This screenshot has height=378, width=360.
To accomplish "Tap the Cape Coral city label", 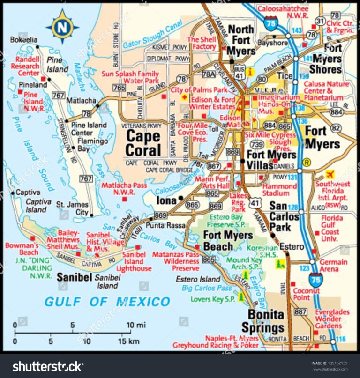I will [143, 143].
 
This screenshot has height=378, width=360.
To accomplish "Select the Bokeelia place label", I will [23, 40].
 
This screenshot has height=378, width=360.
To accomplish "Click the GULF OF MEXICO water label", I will [107, 301].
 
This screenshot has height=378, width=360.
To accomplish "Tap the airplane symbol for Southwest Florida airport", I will [331, 175].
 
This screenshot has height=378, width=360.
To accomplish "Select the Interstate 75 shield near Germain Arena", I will [315, 280].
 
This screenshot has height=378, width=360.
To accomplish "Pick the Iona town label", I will [166, 200].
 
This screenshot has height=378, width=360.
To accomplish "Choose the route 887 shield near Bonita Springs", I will [300, 312].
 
